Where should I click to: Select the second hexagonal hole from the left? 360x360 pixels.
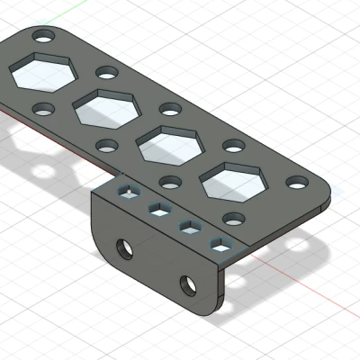(105, 108)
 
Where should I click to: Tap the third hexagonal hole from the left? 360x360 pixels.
(168, 144)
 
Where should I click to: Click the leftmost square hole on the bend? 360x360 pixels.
(130, 191)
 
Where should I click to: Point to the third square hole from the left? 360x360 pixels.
(190, 226)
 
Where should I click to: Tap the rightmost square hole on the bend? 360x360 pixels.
(220, 243)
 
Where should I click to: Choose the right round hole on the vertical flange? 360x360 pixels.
(189, 285)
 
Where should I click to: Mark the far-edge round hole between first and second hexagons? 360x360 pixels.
(106, 72)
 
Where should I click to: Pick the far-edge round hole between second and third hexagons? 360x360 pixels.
(169, 109)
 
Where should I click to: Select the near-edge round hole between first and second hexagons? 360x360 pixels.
(105, 144)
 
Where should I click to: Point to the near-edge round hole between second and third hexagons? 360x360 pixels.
(168, 181)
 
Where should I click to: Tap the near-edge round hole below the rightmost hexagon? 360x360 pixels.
(232, 218)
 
